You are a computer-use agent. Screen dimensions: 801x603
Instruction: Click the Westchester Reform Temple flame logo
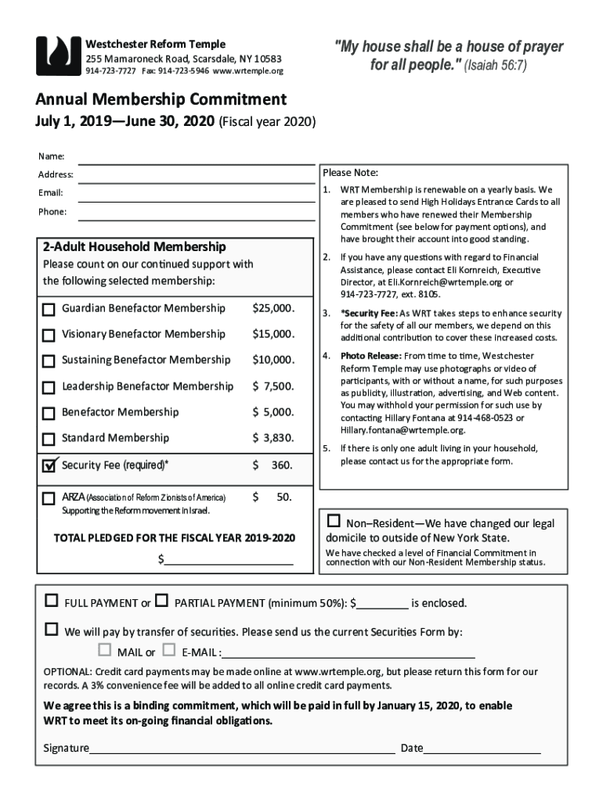pyautogui.click(x=58, y=56)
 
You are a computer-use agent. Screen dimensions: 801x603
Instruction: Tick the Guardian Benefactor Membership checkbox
pyautogui.click(x=49, y=310)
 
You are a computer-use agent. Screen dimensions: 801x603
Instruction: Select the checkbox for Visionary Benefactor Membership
pyautogui.click(x=49, y=336)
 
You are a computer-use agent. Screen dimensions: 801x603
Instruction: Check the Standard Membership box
pyautogui.click(x=49, y=439)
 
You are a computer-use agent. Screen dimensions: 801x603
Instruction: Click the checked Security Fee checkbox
pyautogui.click(x=49, y=465)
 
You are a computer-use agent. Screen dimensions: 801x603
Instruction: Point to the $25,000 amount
pyautogui.click(x=273, y=308)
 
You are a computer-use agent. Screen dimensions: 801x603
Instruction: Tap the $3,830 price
pyautogui.click(x=273, y=438)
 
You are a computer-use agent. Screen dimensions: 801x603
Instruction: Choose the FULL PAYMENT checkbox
pyautogui.click(x=52, y=602)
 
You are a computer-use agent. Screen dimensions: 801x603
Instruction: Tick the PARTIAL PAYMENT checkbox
pyautogui.click(x=162, y=602)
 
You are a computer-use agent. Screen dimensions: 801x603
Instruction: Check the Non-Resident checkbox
pyautogui.click(x=334, y=522)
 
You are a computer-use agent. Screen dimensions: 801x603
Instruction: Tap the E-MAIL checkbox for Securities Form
pyautogui.click(x=169, y=650)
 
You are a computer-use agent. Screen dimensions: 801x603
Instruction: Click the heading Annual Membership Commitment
pyautogui.click(x=161, y=100)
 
